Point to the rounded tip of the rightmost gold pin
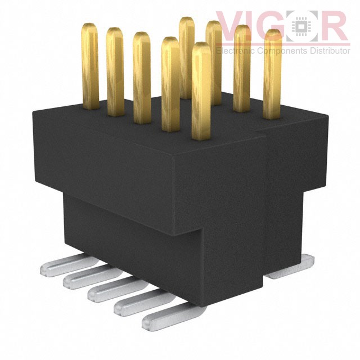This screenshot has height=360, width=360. point(273,35)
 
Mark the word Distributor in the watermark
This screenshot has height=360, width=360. point(328,51)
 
